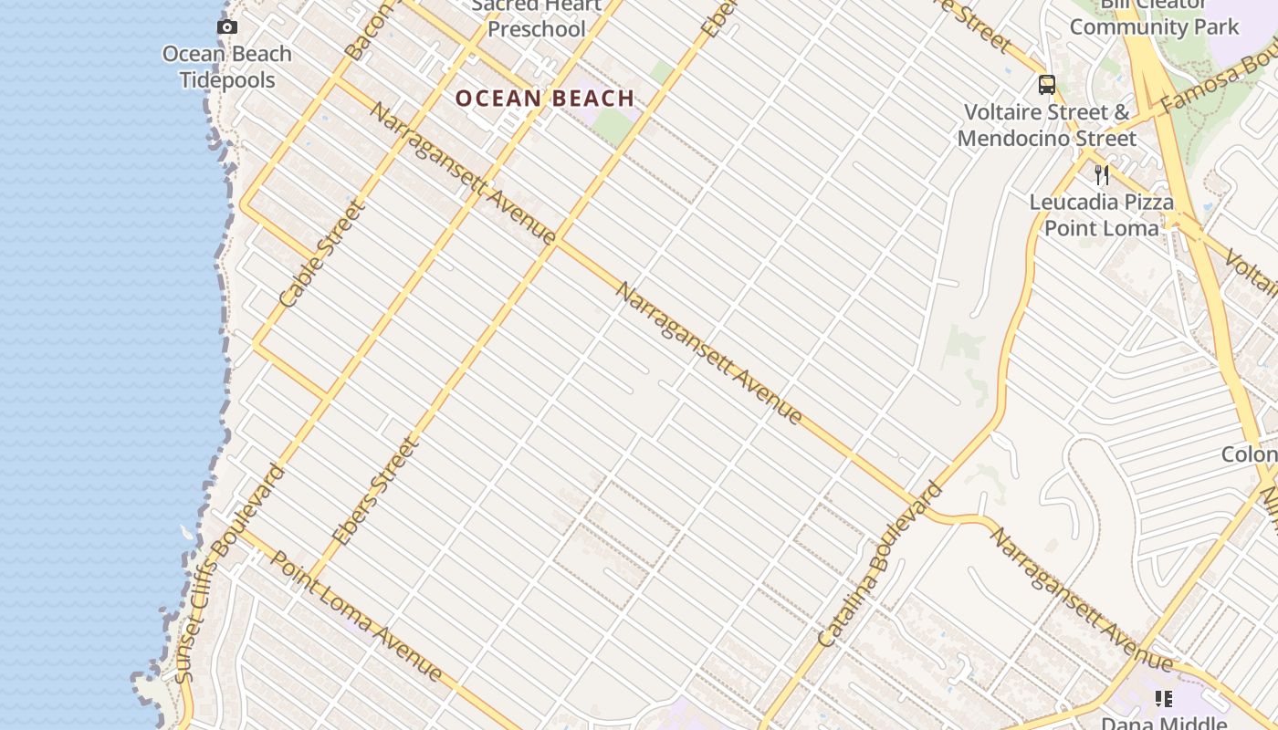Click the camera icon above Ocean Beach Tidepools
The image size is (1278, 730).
(227, 27)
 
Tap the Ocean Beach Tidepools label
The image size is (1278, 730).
(227, 67)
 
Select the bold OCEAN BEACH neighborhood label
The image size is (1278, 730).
(545, 99)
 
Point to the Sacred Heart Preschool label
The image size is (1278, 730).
(537, 18)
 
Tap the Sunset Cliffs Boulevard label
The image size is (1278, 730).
(229, 573)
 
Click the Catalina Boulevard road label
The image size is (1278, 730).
(880, 566)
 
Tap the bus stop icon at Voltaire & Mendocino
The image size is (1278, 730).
(1047, 86)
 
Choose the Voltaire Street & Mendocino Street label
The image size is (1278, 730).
(1047, 125)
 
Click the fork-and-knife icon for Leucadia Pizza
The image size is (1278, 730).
(1102, 175)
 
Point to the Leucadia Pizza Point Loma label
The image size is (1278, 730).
(1102, 214)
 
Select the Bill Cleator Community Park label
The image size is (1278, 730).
(1155, 18)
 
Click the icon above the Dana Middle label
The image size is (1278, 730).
(1163, 699)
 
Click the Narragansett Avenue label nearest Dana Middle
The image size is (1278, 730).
(1081, 599)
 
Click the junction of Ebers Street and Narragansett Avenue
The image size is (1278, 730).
(559, 241)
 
